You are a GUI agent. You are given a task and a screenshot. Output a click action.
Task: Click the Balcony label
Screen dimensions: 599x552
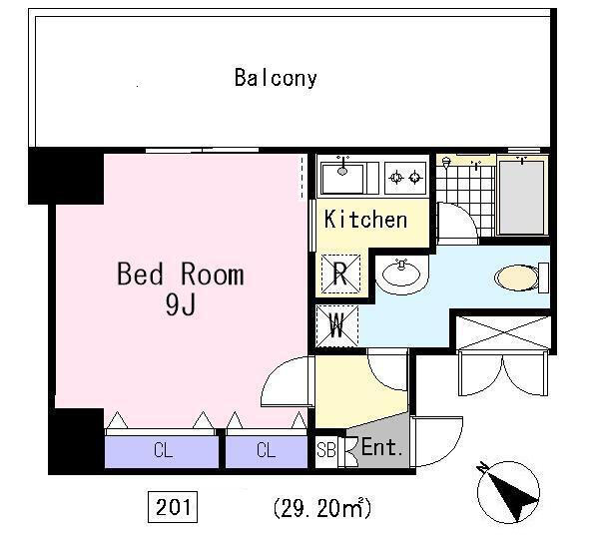click(276, 78)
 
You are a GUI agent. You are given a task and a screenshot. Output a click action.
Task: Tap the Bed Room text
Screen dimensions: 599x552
click(181, 274)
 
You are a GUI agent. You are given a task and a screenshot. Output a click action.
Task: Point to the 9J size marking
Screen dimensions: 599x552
click(181, 304)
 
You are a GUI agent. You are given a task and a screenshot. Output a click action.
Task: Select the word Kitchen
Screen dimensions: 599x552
click(365, 220)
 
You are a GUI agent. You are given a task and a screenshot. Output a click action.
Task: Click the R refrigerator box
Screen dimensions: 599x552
click(340, 274)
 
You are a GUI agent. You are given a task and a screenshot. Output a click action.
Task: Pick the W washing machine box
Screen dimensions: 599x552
click(337, 325)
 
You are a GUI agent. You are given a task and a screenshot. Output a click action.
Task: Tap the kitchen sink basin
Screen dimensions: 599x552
click(342, 178)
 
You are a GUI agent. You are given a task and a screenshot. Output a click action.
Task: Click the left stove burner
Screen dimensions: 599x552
click(395, 178)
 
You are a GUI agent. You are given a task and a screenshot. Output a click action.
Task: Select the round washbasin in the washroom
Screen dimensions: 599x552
click(402, 274)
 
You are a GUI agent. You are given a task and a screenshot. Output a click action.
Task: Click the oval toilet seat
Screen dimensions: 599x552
click(516, 277)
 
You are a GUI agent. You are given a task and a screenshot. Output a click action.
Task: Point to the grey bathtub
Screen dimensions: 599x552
click(521, 197)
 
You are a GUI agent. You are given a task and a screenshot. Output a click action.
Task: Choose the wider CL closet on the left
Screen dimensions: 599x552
click(162, 451)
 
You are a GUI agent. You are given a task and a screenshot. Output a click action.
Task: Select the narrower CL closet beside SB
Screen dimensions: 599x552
click(267, 451)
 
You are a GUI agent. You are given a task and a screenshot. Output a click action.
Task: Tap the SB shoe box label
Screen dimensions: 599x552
click(326, 449)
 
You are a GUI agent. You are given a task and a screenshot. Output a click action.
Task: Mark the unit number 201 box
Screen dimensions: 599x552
click(173, 507)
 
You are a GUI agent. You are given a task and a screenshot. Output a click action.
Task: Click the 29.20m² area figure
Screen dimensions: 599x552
click(322, 508)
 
